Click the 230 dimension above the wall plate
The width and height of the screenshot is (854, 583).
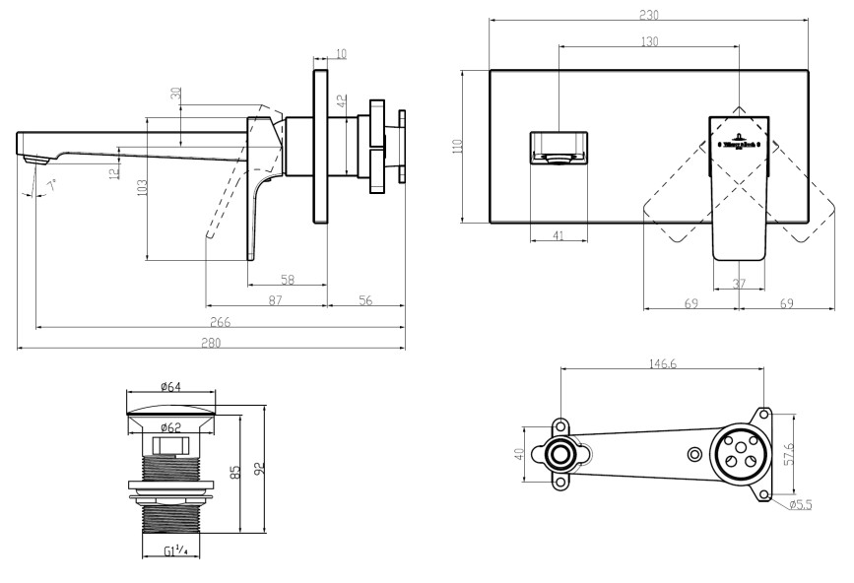pos(648,15)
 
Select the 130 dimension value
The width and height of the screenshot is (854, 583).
pos(649,41)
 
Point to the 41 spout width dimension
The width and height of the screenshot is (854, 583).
pos(558,236)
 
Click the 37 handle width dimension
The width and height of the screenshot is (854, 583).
pos(739,284)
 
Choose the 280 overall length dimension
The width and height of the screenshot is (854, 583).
pos(211,343)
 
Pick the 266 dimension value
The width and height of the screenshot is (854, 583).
pos(219,321)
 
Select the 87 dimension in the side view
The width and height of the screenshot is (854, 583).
pos(275,299)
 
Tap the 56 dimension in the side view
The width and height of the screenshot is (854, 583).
pos(365,299)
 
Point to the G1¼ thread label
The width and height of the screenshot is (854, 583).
pos(176,551)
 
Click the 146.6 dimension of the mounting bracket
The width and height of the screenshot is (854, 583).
pos(661,363)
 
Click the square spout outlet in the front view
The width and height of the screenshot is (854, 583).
pos(558,146)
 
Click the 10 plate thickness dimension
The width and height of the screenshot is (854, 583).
pos(341,53)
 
